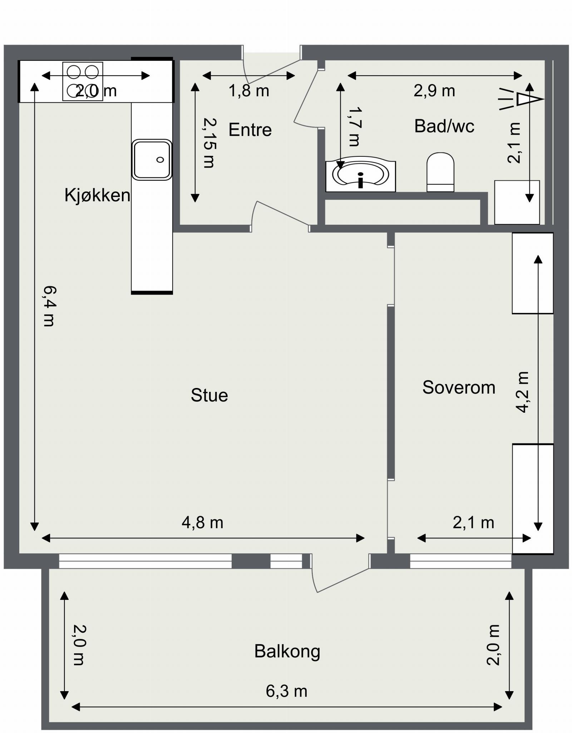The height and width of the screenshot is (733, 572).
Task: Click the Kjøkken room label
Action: (97, 195)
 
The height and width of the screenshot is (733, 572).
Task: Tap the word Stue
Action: (209, 395)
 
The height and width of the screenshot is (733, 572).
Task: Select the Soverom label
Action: (459, 388)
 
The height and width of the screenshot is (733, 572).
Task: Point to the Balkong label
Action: (287, 651)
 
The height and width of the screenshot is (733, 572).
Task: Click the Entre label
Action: (250, 130)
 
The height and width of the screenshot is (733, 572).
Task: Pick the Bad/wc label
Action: (444, 126)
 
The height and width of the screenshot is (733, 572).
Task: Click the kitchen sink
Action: (152, 160)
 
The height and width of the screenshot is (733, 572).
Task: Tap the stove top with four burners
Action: (83, 81)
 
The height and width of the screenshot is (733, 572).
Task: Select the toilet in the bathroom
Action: (440, 172)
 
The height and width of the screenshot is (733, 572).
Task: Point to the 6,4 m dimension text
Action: (49, 306)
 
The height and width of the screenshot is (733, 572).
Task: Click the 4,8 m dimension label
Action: (202, 523)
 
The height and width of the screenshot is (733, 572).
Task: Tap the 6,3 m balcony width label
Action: (286, 691)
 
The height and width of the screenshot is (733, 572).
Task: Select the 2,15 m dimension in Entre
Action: (209, 143)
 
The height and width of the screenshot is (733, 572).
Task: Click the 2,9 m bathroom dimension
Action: (434, 91)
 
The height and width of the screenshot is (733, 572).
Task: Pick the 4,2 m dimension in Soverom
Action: (522, 392)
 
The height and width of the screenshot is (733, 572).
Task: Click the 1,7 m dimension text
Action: (354, 126)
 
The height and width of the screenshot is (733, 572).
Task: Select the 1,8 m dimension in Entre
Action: (249, 91)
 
